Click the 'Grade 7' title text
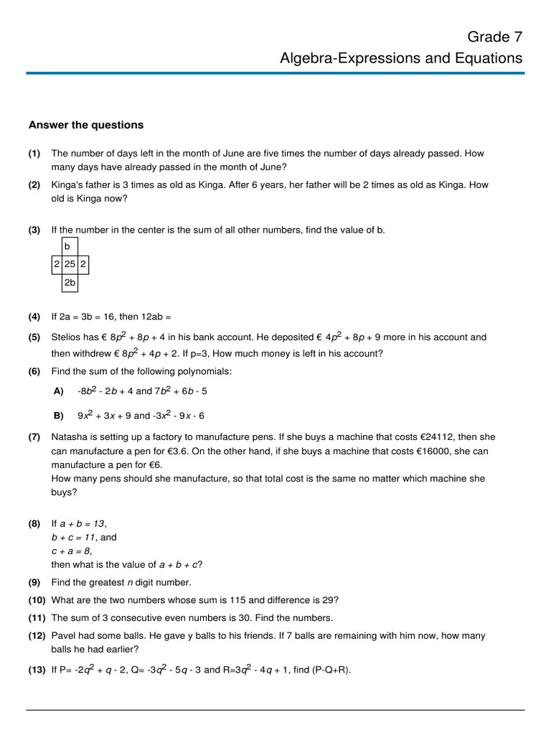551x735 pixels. pyautogui.click(x=495, y=37)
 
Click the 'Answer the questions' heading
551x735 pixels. pyautogui.click(x=86, y=125)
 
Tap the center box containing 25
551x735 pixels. pyautogui.click(x=70, y=264)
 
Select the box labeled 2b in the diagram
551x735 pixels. pyautogui.click(x=70, y=283)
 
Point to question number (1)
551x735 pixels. pyautogui.click(x=34, y=154)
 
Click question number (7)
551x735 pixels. pyautogui.click(x=34, y=437)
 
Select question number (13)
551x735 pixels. pyautogui.click(x=37, y=670)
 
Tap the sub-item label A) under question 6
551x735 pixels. pyautogui.click(x=59, y=391)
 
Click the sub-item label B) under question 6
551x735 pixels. pyautogui.click(x=59, y=416)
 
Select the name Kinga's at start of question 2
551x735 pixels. pyautogui.click(x=68, y=185)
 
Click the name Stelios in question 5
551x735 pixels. pyautogui.click(x=67, y=337)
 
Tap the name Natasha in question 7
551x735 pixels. pyautogui.click(x=70, y=437)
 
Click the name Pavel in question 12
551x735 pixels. pyautogui.click(x=64, y=636)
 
